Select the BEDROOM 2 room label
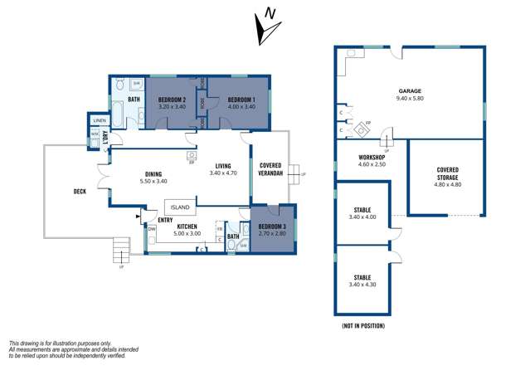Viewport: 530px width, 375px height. coord(171,99)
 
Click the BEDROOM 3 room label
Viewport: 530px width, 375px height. coord(270,226)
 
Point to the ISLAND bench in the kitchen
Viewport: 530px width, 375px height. coord(180,207)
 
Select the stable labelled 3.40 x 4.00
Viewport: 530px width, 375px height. coord(362,211)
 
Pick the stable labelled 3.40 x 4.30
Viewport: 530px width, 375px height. coord(362,277)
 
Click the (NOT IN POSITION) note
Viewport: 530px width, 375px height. coord(362,326)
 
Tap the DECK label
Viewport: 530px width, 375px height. coord(80,192)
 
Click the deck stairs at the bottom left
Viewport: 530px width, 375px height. coord(121,248)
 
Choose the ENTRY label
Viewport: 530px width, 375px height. coord(165,218)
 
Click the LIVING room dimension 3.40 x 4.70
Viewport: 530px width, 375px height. coord(222,173)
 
